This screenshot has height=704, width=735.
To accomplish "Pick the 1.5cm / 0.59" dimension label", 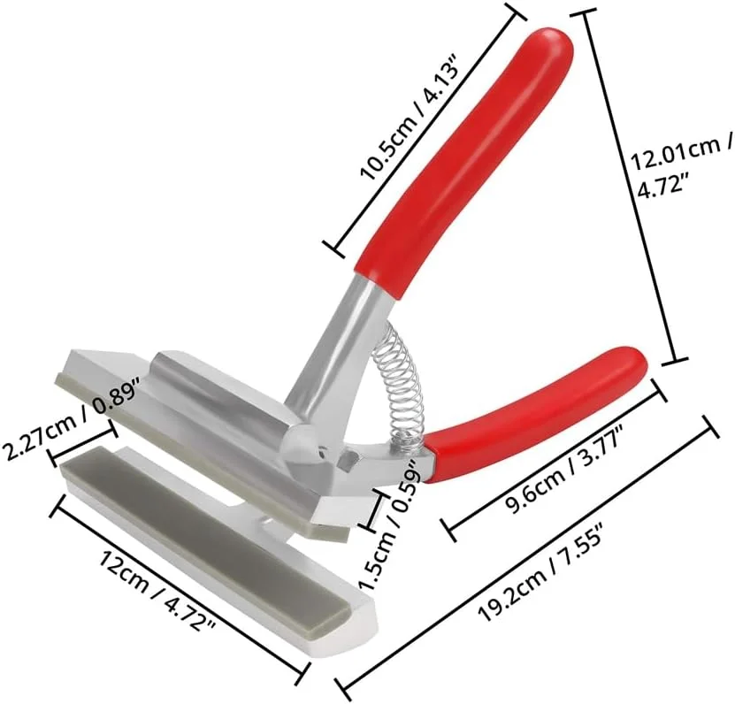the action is [x=387, y=526].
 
